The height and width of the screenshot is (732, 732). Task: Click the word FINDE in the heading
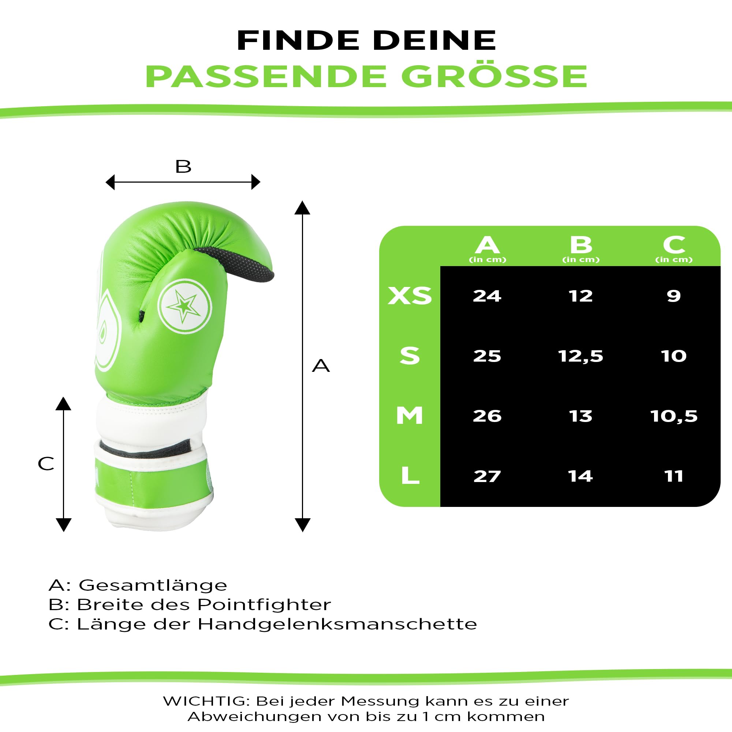(298, 40)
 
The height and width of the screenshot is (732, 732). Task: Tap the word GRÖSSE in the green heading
(494, 76)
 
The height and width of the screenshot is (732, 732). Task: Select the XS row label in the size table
(410, 296)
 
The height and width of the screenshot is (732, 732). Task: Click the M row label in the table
(410, 416)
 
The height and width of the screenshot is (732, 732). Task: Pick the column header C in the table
(674, 245)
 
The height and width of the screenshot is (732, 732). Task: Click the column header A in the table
(487, 245)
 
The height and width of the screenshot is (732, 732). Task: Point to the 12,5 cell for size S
(580, 356)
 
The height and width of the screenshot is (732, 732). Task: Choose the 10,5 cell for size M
(674, 416)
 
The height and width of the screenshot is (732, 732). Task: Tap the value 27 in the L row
(487, 476)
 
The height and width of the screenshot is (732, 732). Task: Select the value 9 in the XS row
(674, 296)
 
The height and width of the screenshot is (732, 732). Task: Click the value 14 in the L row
(580, 476)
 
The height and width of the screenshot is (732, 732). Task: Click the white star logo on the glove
(184, 306)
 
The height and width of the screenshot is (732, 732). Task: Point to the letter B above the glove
(183, 166)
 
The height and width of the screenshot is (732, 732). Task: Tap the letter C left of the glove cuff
(46, 464)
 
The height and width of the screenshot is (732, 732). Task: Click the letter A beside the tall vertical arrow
(321, 366)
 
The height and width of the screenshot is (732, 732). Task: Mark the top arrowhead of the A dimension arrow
(302, 208)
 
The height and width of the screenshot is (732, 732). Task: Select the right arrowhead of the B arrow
(256, 182)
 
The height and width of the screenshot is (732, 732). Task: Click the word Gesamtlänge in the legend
(153, 585)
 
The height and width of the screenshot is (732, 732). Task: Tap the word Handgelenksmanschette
(337, 624)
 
